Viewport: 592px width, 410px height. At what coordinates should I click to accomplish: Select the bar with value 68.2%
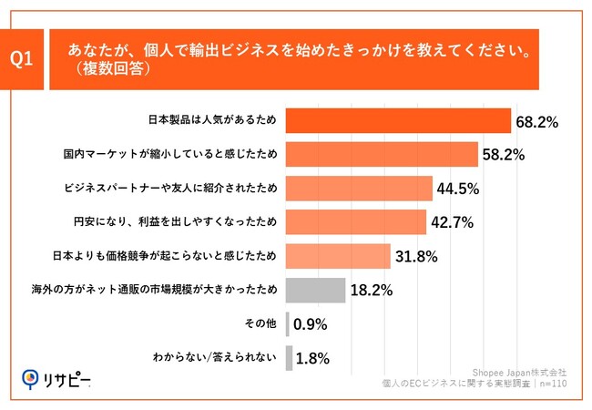(398, 121)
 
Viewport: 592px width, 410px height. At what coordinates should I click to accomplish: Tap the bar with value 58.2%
(382, 155)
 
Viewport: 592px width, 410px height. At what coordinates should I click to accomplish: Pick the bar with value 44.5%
(359, 189)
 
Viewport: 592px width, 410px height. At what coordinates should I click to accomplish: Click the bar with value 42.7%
(356, 222)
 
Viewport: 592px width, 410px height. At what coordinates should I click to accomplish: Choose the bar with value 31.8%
(338, 256)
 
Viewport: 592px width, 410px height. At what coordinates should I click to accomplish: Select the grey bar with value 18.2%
(315, 291)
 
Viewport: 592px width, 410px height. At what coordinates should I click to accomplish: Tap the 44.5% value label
(458, 189)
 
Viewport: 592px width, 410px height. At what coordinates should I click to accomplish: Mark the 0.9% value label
(310, 324)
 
